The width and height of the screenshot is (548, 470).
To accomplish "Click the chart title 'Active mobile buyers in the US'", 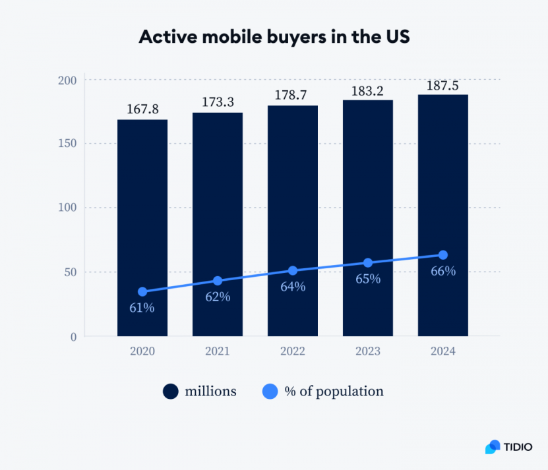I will pyautogui.click(x=274, y=38).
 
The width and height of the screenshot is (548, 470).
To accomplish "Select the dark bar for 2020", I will pyautogui.click(x=142, y=198).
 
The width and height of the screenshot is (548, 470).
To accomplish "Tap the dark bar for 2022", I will pyautogui.click(x=292, y=191).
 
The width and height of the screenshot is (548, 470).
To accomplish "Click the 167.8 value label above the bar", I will pyautogui.click(x=142, y=109).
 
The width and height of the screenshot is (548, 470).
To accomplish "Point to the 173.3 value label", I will pyautogui.click(x=218, y=103).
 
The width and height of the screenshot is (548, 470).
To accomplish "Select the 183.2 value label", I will pyautogui.click(x=367, y=91).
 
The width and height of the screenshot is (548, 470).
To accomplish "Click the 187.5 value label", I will pyautogui.click(x=442, y=86).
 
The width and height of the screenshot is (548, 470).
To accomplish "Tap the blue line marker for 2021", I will pyautogui.click(x=218, y=281).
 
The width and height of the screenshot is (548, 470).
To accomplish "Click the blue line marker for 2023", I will pyautogui.click(x=368, y=263).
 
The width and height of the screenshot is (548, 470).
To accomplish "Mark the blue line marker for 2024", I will pyautogui.click(x=443, y=255).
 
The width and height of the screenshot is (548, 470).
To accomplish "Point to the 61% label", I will pyautogui.click(x=142, y=307).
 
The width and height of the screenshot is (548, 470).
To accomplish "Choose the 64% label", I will pyautogui.click(x=293, y=287).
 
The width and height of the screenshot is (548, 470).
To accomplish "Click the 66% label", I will pyautogui.click(x=442, y=271).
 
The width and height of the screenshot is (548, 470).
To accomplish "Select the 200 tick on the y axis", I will pyautogui.click(x=69, y=80).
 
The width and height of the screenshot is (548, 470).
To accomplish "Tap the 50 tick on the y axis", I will pyautogui.click(x=71, y=272).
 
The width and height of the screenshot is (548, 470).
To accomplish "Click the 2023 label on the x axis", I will pyautogui.click(x=367, y=351).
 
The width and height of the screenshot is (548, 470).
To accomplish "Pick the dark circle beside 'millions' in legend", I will pyautogui.click(x=171, y=392).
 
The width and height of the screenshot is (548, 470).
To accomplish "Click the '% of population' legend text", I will pyautogui.click(x=334, y=392).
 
